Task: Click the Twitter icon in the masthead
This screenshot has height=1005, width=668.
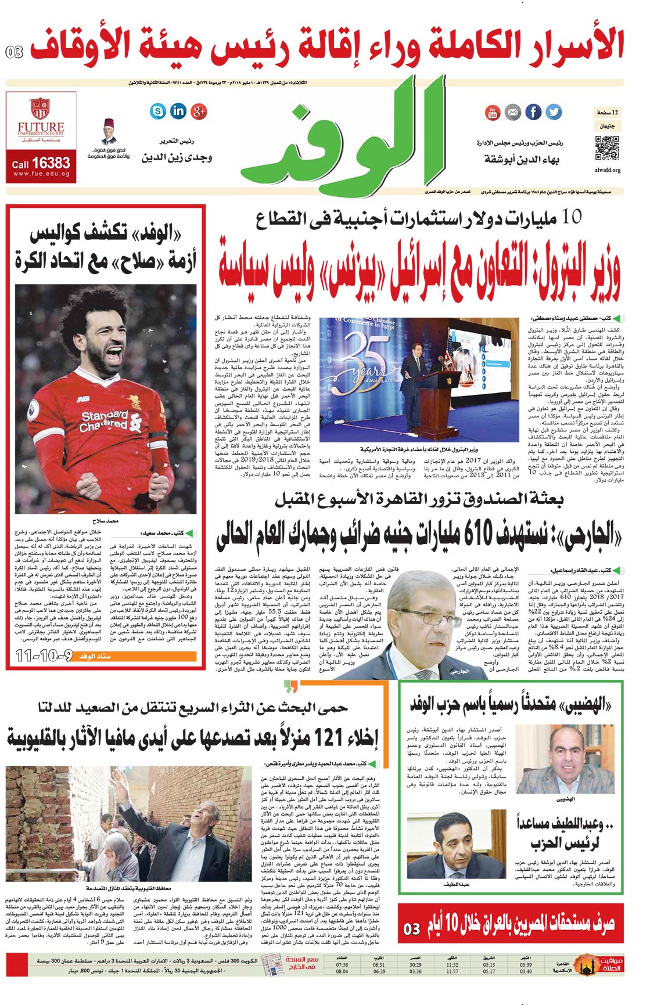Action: (553, 111)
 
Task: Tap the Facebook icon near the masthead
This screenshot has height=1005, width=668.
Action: (533, 111)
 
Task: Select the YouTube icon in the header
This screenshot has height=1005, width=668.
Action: (493, 111)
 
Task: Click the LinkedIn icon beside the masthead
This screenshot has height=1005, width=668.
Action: (178, 110)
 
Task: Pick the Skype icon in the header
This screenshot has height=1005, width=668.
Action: (158, 110)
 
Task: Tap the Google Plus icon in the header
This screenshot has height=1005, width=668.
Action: (199, 110)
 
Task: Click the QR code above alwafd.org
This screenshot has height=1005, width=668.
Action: (607, 147)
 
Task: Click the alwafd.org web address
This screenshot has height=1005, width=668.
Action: (608, 170)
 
